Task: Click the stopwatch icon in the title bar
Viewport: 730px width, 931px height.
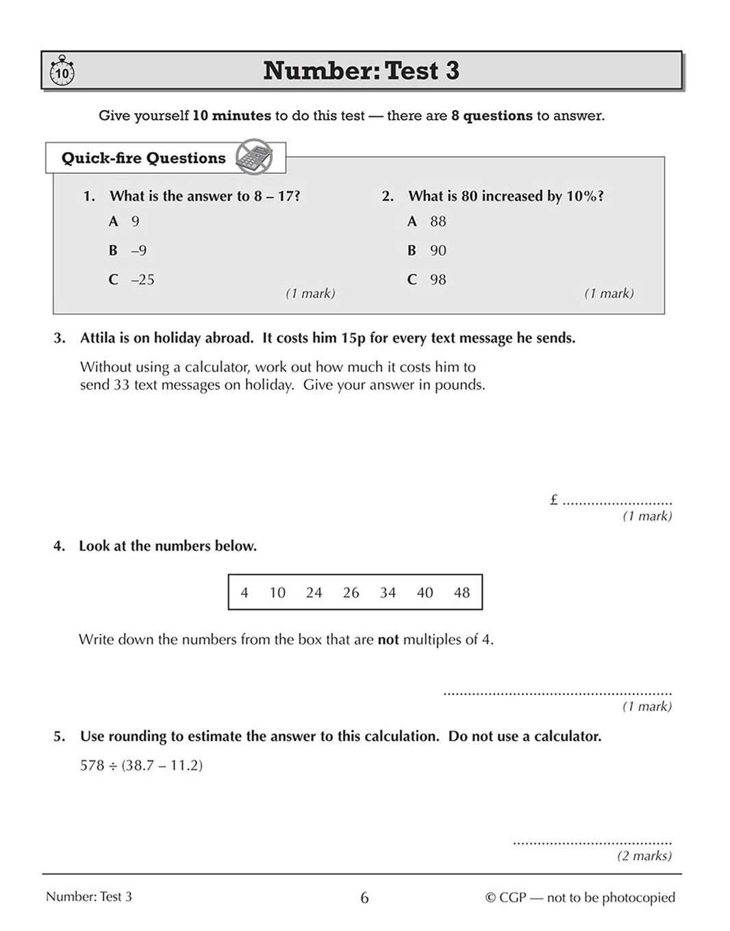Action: click(62, 71)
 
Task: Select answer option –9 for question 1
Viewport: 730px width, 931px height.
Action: click(138, 251)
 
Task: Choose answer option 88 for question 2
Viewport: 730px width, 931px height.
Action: click(438, 222)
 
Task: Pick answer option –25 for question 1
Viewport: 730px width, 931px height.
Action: click(142, 279)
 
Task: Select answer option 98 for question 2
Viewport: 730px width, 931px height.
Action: click(438, 279)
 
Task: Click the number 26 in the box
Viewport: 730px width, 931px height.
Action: click(351, 593)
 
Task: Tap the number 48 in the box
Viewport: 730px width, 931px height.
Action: click(462, 593)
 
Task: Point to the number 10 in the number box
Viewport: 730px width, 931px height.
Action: click(277, 593)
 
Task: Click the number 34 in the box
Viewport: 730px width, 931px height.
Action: click(388, 593)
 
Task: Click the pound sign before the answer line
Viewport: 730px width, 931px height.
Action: click(554, 500)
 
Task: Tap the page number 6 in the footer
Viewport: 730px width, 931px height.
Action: click(364, 897)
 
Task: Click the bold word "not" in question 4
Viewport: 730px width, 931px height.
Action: click(388, 640)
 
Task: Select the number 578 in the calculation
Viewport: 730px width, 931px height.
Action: click(92, 765)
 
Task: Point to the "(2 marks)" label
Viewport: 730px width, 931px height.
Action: click(644, 856)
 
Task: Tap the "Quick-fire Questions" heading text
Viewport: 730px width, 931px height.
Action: click(143, 158)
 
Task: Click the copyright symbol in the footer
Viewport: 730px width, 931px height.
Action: click(490, 897)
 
